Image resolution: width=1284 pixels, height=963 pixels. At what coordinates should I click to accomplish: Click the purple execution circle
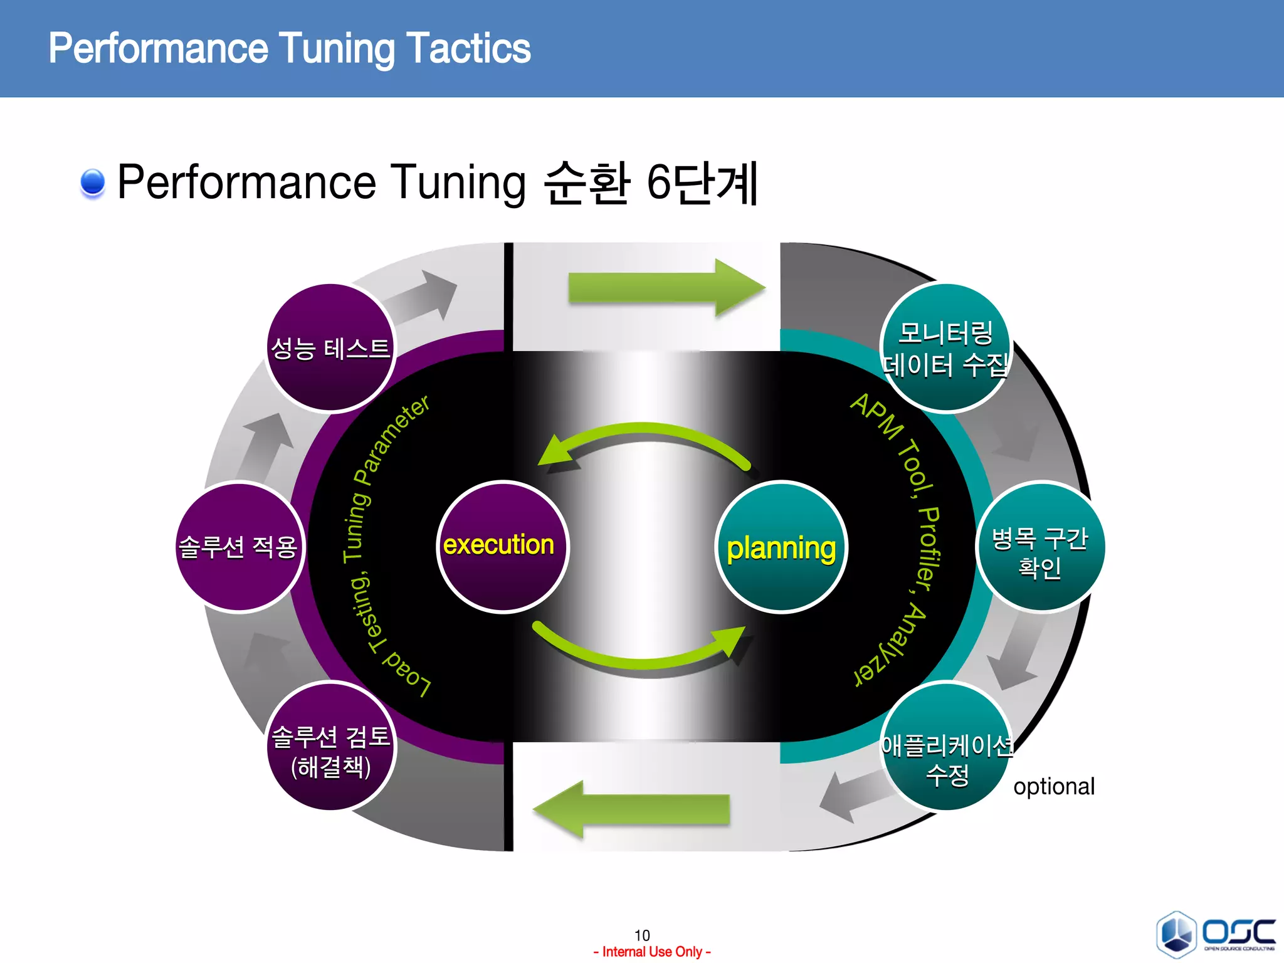point(502,545)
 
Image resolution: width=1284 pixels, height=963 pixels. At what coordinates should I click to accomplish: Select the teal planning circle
point(781,547)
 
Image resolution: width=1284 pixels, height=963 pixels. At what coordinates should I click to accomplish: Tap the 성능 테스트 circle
point(330,349)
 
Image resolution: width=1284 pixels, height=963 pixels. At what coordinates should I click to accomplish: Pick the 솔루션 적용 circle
point(239,547)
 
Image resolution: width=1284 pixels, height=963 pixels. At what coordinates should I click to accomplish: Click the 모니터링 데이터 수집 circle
point(945,349)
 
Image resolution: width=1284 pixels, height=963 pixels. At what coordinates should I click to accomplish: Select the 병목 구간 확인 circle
point(1039,547)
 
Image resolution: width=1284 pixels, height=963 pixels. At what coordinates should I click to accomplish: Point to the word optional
point(1054,786)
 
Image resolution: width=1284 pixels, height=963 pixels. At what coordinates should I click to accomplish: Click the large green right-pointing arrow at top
point(665,288)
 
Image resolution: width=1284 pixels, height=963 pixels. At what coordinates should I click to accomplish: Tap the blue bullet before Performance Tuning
point(93,182)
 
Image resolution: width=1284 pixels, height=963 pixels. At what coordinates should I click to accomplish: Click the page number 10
point(642,935)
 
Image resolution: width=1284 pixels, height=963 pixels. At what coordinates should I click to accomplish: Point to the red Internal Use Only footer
point(652,952)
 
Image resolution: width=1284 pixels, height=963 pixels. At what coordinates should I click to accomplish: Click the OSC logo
point(1216,934)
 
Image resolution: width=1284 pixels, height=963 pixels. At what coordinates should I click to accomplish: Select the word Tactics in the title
point(468,49)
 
